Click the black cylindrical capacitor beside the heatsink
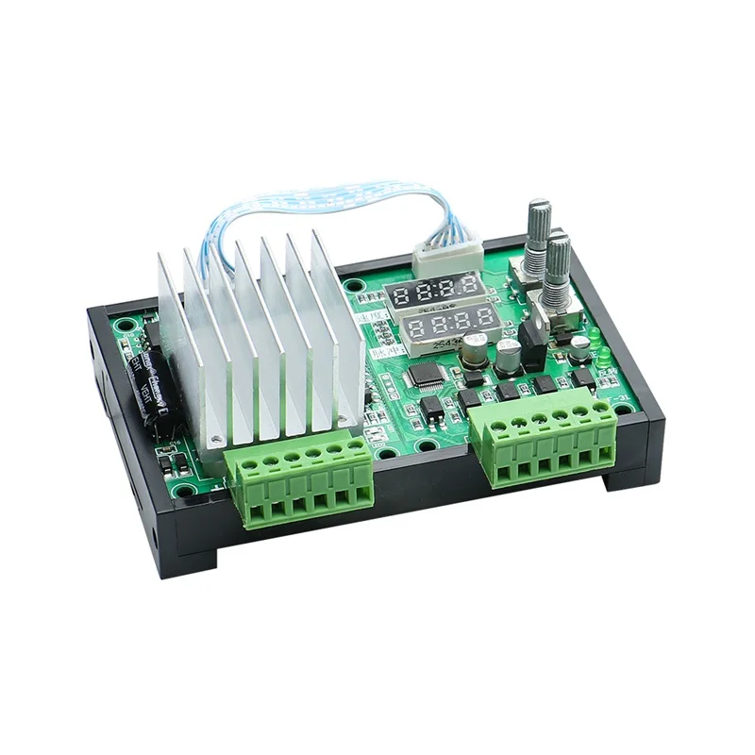point(150,392)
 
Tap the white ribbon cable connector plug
point(446,254)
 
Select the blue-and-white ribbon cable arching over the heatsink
point(311,208)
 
